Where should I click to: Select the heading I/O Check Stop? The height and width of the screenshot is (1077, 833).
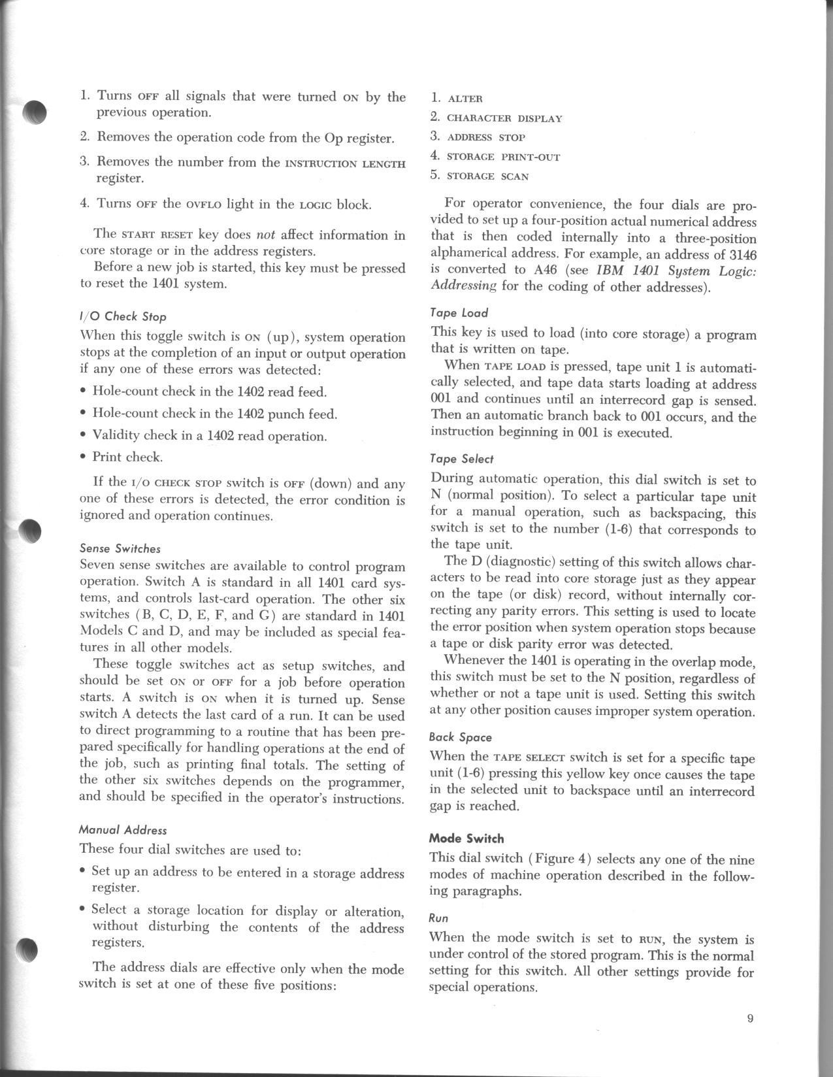[x=123, y=317]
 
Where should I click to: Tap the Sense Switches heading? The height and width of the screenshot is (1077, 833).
[x=120, y=548]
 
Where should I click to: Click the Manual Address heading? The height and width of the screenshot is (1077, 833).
[x=123, y=831]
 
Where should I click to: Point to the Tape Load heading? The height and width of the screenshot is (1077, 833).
[x=459, y=313]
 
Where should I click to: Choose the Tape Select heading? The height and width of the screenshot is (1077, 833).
[x=462, y=459]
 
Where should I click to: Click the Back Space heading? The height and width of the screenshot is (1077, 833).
[x=461, y=737]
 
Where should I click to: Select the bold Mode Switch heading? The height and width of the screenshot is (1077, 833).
[x=466, y=838]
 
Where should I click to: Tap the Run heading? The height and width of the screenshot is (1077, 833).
[x=438, y=918]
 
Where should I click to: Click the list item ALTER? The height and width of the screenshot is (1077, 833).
[x=465, y=99]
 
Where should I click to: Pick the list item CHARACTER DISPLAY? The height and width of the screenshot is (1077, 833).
[x=504, y=118]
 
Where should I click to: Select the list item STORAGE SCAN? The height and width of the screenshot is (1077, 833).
[x=487, y=176]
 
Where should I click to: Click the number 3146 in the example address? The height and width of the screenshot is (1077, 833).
[x=740, y=254]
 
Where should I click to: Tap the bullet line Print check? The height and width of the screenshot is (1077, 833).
[x=127, y=457]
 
